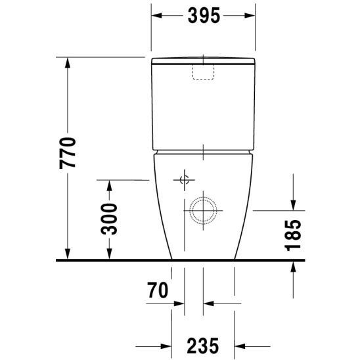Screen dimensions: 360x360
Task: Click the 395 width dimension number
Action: click(x=204, y=16)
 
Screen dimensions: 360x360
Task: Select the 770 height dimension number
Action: click(x=68, y=153)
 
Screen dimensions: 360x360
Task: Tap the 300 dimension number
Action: click(x=109, y=219)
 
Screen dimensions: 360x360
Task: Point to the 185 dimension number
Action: click(x=293, y=235)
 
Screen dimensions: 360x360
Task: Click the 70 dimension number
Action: click(x=158, y=290)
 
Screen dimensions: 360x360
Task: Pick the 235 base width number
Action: click(x=203, y=346)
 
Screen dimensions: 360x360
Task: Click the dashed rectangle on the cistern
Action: click(x=203, y=72)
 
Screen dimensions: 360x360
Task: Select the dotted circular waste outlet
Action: click(x=203, y=210)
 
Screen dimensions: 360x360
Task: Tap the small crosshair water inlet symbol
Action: click(x=185, y=180)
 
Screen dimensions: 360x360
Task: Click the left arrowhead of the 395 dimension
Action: click(x=156, y=16)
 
